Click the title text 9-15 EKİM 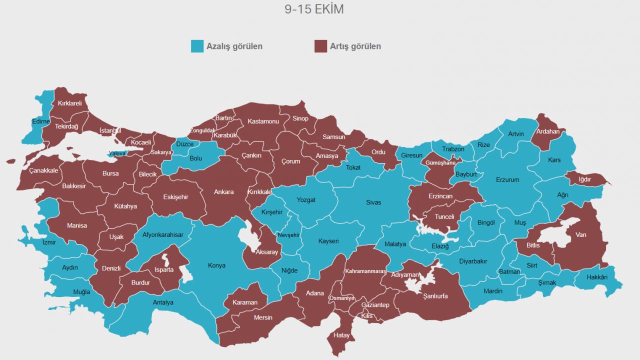314,9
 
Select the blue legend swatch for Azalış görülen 197,46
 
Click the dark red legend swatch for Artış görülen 320,46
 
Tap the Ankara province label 223,192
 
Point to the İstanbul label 110,130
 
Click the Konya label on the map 216,265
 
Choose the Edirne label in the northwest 40,121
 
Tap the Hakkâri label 596,277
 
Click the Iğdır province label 584,179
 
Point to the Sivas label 373,202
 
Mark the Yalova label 117,153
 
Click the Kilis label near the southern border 367,316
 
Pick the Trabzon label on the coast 453,149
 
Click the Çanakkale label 43,170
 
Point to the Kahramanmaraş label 365,271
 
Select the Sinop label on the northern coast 300,118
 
